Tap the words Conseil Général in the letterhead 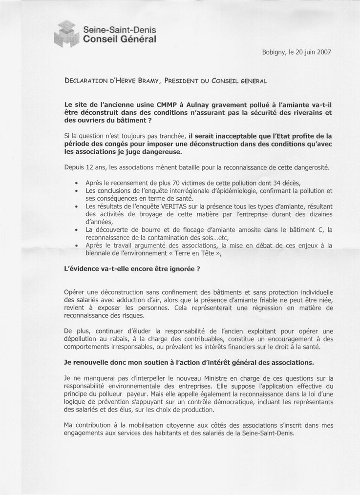120,41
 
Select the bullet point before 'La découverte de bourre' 76,229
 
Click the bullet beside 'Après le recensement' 76,183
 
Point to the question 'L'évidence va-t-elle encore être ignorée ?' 132,268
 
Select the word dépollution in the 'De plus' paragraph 84,339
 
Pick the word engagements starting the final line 85,433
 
